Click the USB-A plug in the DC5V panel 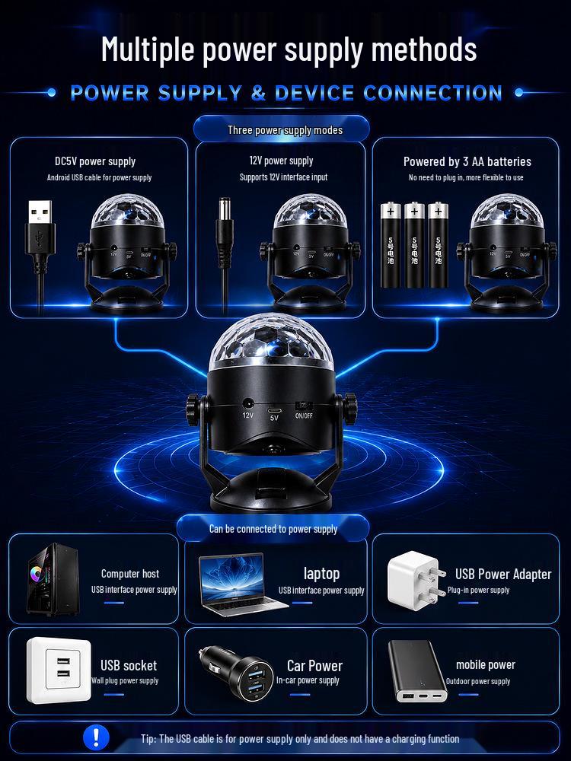40,228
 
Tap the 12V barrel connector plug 225,233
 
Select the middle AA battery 414,245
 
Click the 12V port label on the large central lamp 247,416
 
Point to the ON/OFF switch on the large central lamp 304,406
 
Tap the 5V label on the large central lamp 274,417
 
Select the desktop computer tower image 53,579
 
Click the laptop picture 241,584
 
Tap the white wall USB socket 59,670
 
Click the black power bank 417,670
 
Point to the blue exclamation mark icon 96,737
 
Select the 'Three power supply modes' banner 281,129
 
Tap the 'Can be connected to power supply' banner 273,529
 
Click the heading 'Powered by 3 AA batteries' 467,161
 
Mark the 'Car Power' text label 314,665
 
